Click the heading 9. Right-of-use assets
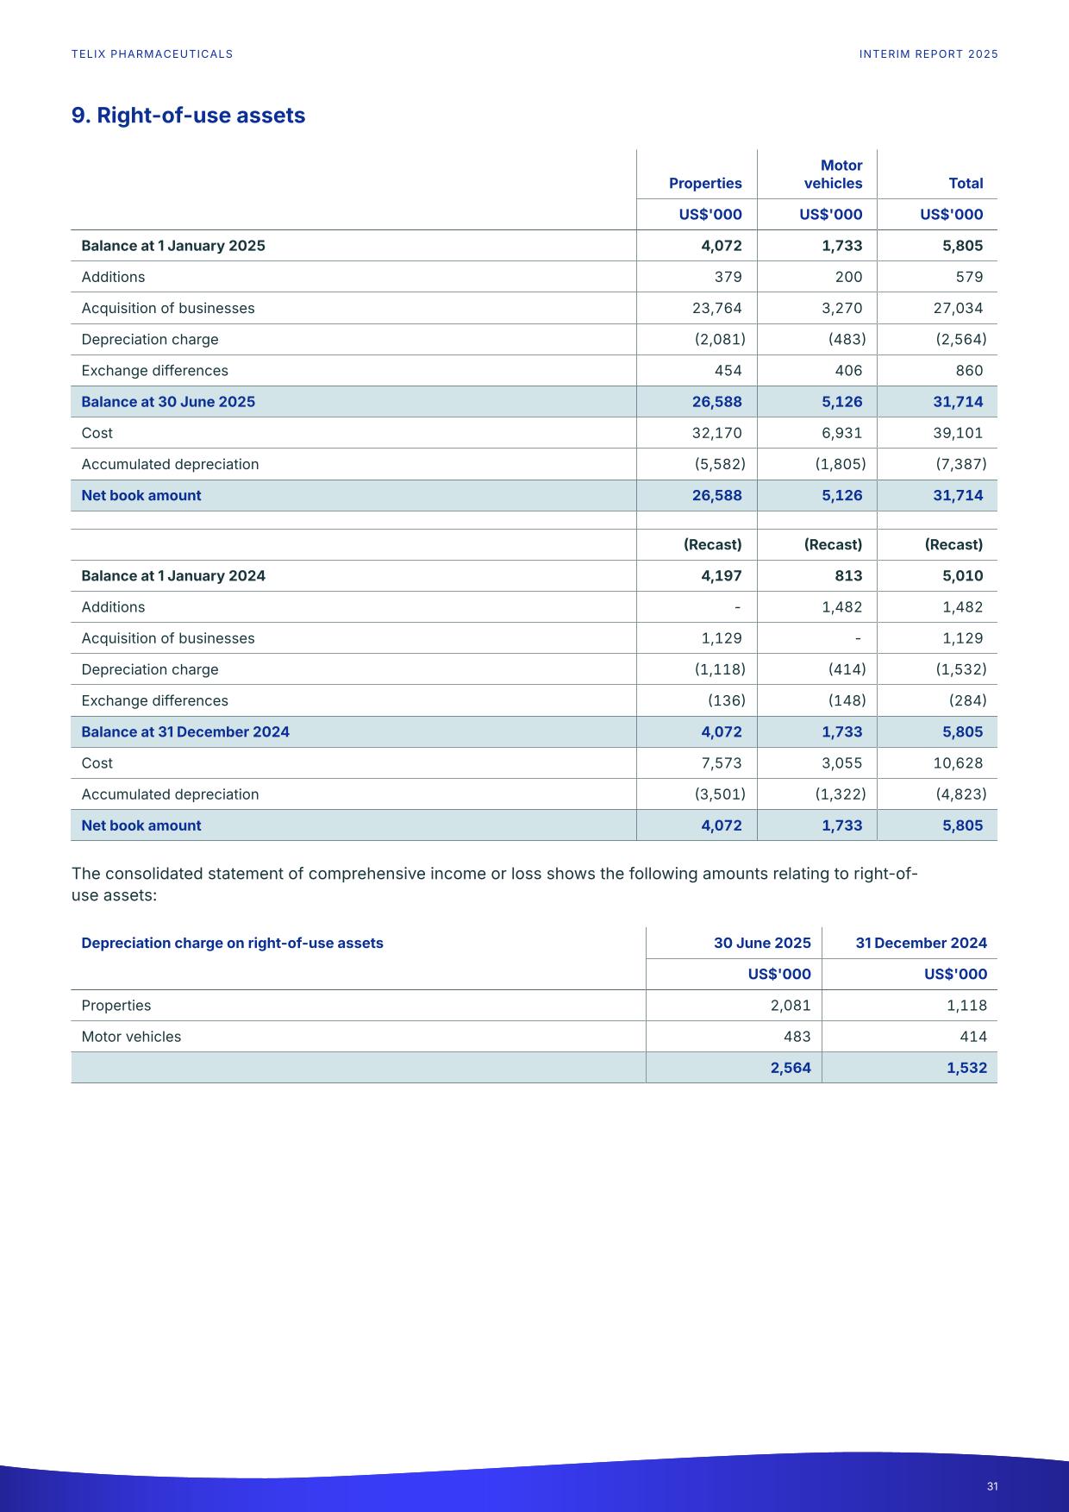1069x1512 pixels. pos(188,116)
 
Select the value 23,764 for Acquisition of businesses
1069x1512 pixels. pos(716,308)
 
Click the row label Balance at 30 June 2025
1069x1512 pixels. pos(168,402)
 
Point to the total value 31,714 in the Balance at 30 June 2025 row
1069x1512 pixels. pos(958,402)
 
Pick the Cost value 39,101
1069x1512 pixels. pos(958,433)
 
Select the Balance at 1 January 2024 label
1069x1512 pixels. pos(173,576)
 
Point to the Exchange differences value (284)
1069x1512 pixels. pos(967,700)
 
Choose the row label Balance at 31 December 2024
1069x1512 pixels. pos(185,732)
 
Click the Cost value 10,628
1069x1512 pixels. pos(958,763)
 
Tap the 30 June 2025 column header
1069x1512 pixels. pos(762,943)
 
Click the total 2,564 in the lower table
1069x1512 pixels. pos(790,1068)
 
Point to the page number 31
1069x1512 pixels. pos(992,1486)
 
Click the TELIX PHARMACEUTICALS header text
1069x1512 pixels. pos(152,54)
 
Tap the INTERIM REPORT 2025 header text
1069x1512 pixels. pos(928,54)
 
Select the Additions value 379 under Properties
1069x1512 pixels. pos(728,277)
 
